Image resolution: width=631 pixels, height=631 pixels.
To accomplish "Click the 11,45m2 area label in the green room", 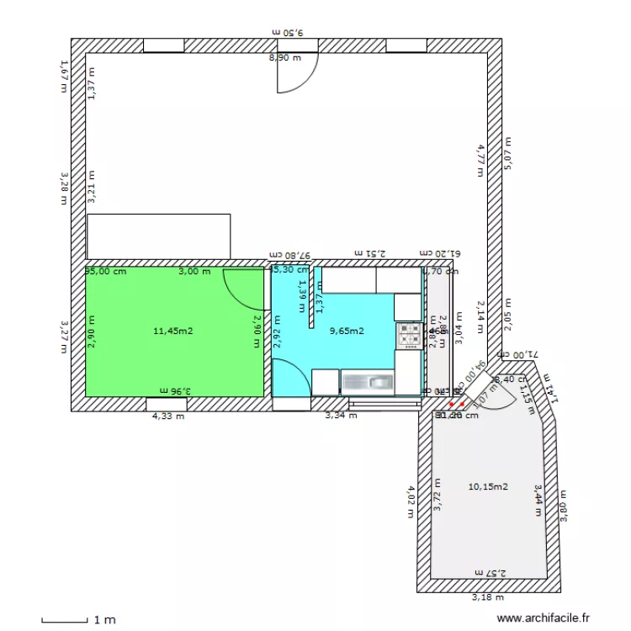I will tap(173, 331).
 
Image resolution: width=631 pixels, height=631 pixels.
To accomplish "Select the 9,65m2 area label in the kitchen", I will tap(347, 331).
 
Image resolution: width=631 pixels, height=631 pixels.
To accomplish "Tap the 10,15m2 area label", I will tap(488, 486).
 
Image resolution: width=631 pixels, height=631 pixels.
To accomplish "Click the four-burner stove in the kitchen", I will tap(409, 335).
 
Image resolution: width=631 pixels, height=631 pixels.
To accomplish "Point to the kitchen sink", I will tap(369, 383).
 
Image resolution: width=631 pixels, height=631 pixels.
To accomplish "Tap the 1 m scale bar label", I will tap(104, 620).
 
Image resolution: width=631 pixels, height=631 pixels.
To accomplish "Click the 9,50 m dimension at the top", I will tap(288, 32).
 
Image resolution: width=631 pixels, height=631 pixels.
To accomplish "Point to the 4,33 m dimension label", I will tap(167, 416).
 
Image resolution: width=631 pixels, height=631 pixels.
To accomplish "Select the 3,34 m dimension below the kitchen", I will tap(341, 416).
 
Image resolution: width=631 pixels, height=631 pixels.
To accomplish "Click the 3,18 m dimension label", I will tap(487, 597).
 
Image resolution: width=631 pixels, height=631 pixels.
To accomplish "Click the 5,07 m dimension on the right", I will tap(507, 154).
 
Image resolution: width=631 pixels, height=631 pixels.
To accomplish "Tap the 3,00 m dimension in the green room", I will tap(194, 272).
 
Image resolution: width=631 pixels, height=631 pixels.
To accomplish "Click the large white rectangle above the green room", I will tap(158, 236).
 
